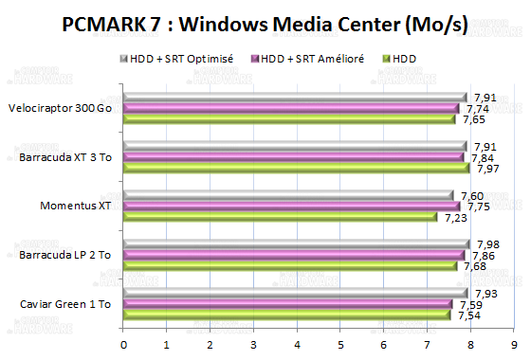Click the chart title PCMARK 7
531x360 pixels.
[x=265, y=25]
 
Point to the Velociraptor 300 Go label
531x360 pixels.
[x=59, y=108]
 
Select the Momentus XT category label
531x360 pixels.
[x=75, y=206]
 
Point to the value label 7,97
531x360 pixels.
[x=486, y=169]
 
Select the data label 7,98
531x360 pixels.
[x=487, y=243]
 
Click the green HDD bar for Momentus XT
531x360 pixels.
[x=280, y=218]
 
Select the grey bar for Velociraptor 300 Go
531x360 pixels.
[x=294, y=97]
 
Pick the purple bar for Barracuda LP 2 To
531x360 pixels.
[x=293, y=255]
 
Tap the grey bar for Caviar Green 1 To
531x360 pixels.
[x=295, y=293]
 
